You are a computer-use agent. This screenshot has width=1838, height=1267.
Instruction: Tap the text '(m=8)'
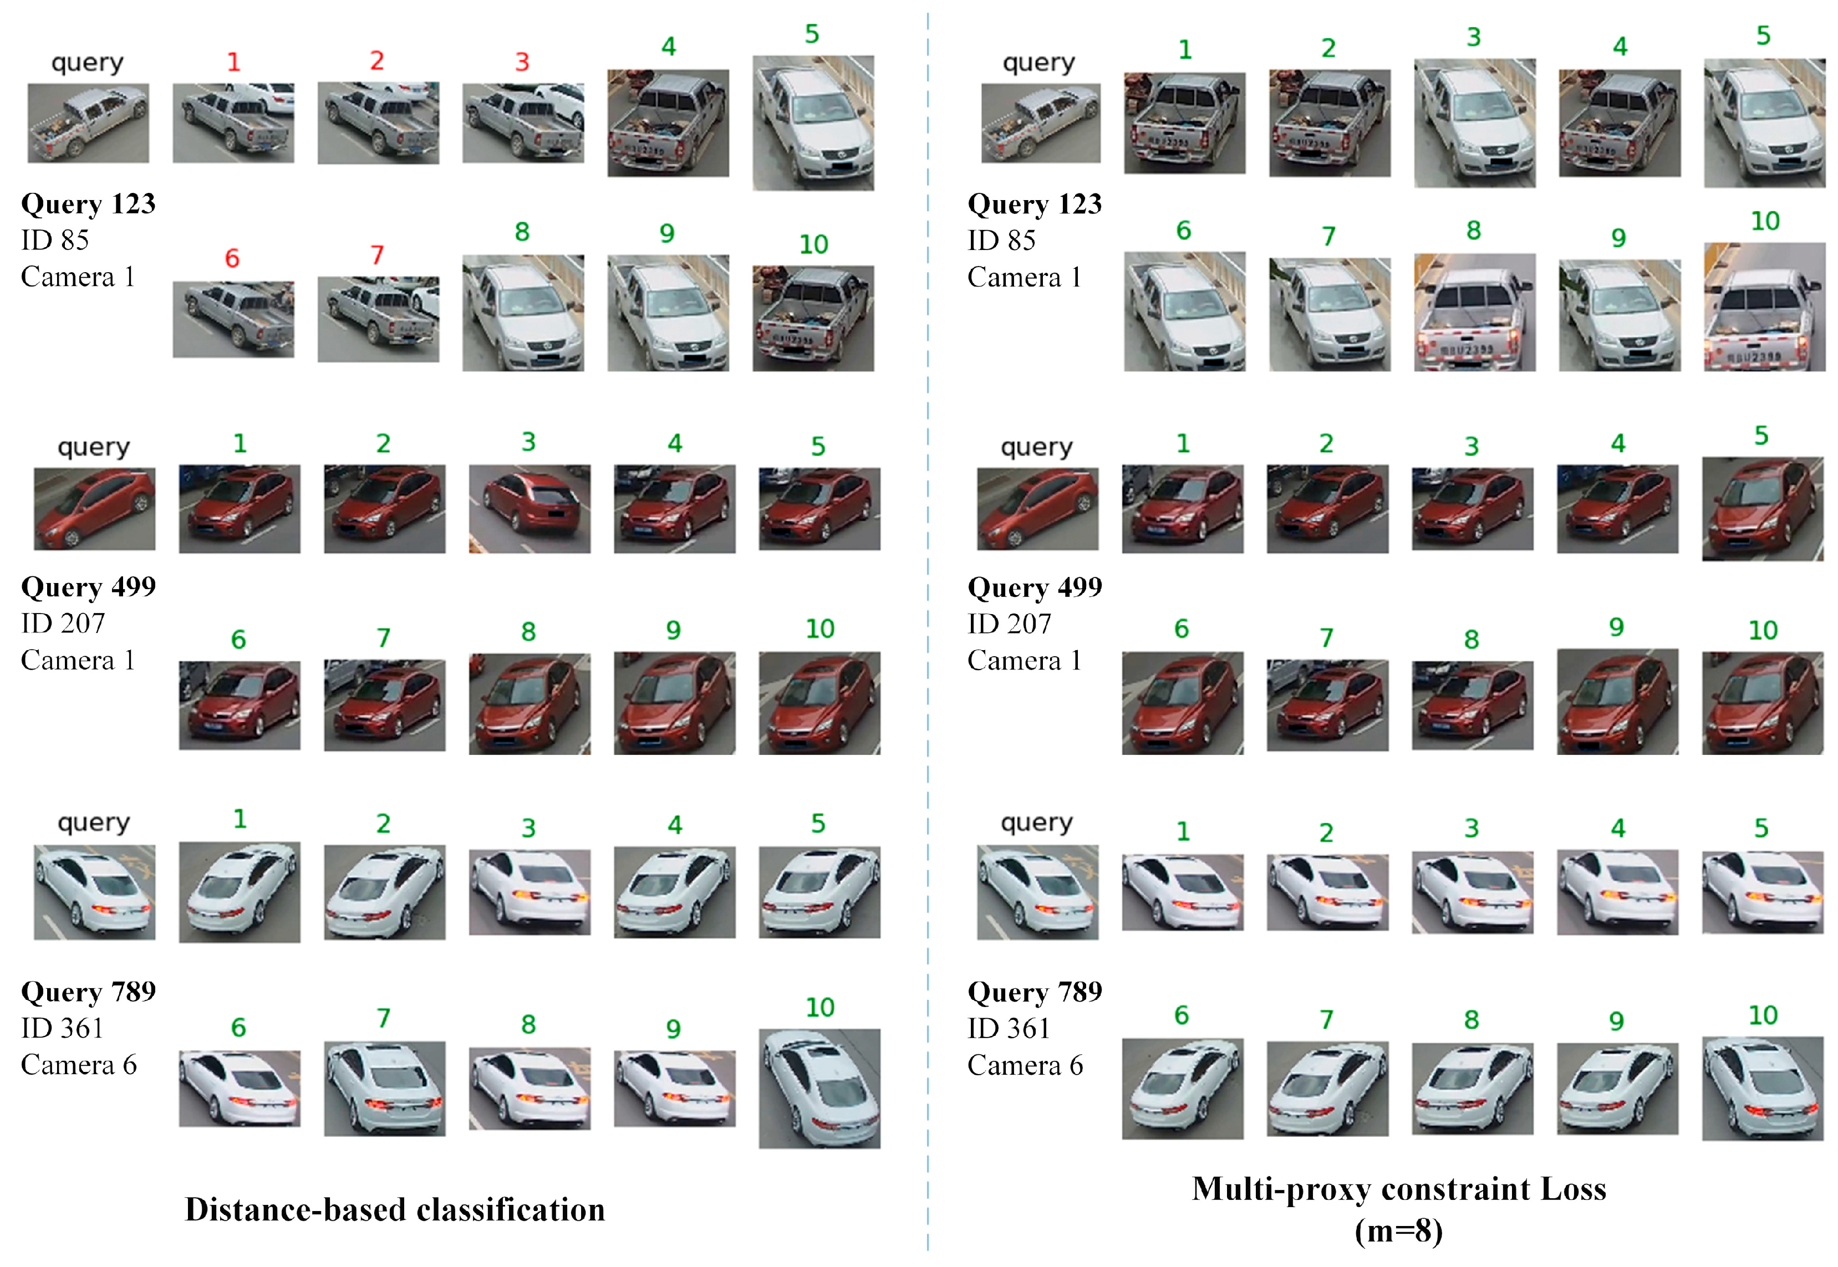[x=1398, y=1230]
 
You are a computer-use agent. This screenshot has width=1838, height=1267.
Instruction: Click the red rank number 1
[x=233, y=62]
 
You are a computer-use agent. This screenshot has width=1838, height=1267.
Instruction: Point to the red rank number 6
[x=232, y=258]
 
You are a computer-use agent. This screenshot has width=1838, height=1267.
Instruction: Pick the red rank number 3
[x=522, y=62]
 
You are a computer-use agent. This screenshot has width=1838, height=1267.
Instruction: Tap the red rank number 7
[x=377, y=256]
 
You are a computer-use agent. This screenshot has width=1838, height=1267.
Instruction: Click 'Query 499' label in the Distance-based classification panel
[x=88, y=586]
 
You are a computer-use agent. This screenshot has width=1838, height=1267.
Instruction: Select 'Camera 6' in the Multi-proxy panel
[x=1025, y=1065]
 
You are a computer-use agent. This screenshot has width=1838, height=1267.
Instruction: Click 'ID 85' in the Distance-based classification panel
[x=55, y=240]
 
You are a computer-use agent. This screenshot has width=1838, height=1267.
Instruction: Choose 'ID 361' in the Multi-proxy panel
[x=1009, y=1029]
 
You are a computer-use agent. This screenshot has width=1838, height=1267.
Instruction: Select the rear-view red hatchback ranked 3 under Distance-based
[x=529, y=509]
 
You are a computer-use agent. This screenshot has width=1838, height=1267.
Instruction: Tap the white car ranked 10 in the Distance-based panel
[x=819, y=1089]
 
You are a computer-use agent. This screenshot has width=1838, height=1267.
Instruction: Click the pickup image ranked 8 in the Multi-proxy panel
[x=1474, y=312]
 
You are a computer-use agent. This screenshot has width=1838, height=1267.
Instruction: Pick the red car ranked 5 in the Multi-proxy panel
[x=1762, y=509]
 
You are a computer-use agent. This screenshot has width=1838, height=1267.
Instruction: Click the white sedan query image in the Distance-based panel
[x=94, y=892]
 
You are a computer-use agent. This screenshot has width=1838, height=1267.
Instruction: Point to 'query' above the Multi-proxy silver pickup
[x=1038, y=62]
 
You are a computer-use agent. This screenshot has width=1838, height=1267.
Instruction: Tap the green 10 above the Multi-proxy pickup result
[x=1765, y=222]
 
